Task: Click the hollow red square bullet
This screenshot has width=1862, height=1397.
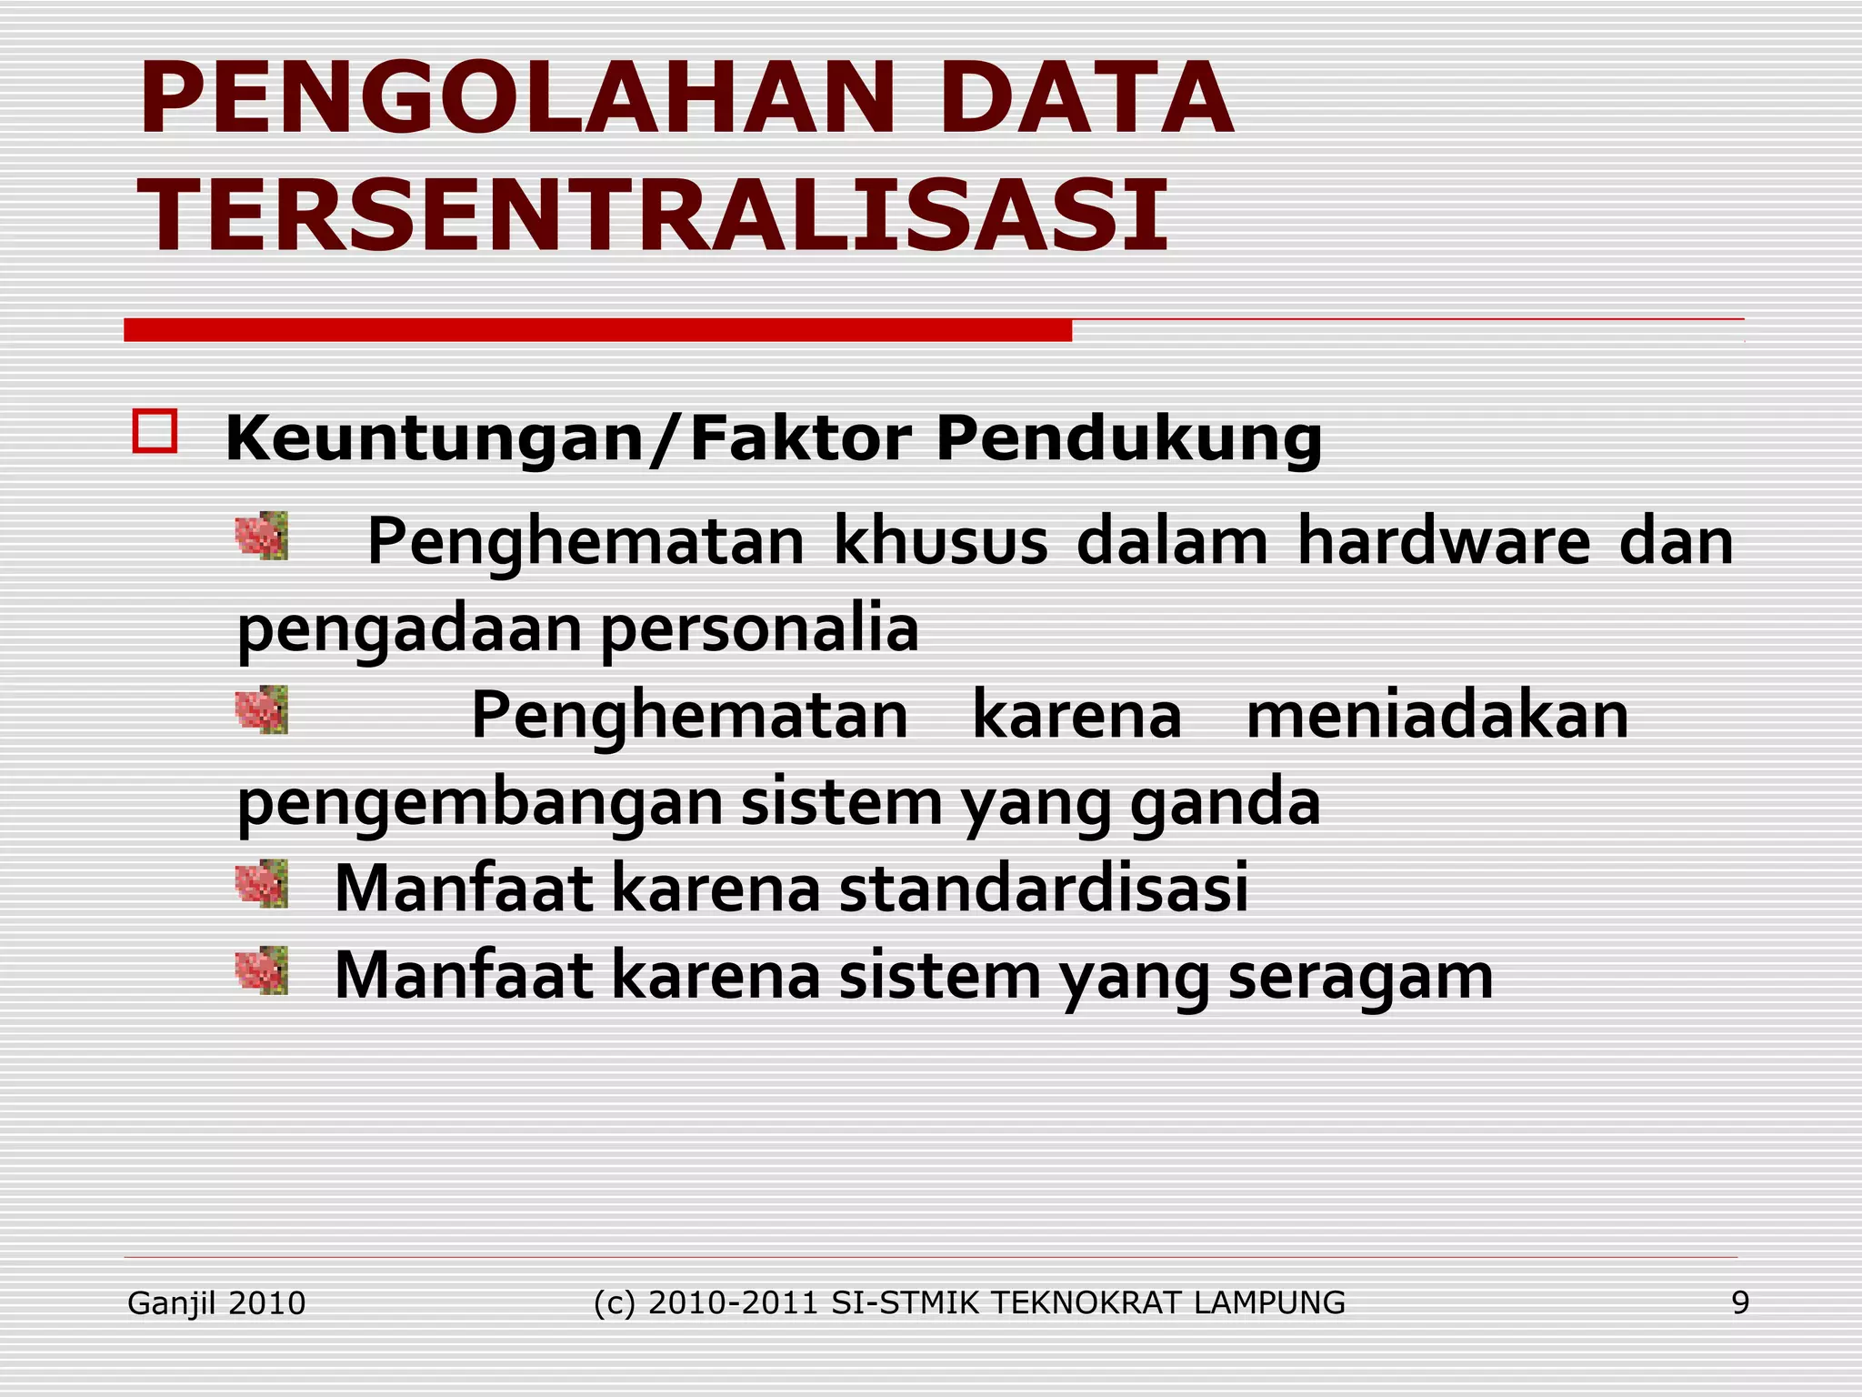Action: (x=155, y=431)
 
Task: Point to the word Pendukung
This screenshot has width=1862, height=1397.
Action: (x=1128, y=440)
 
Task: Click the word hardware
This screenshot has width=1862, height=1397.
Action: (x=1443, y=542)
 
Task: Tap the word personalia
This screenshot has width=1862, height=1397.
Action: (x=759, y=629)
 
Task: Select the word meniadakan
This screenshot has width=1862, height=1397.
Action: (x=1437, y=715)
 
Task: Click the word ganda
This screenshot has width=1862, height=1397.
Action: (x=1225, y=802)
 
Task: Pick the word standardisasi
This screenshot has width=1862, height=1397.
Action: (x=1043, y=888)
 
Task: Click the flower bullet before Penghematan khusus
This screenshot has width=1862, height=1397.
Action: (x=262, y=536)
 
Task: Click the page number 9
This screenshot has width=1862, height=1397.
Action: (x=1739, y=1303)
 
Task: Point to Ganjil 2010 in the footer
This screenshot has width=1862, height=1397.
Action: (x=216, y=1303)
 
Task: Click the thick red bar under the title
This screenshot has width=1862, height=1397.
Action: (x=597, y=330)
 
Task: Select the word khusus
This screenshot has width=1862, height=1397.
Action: (x=940, y=542)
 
